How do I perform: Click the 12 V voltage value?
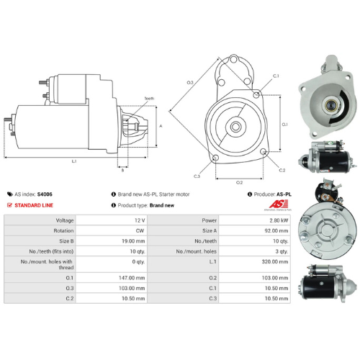pos(139,220)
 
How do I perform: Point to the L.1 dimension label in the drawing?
pos(74,161)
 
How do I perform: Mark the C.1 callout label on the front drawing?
pos(276,76)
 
